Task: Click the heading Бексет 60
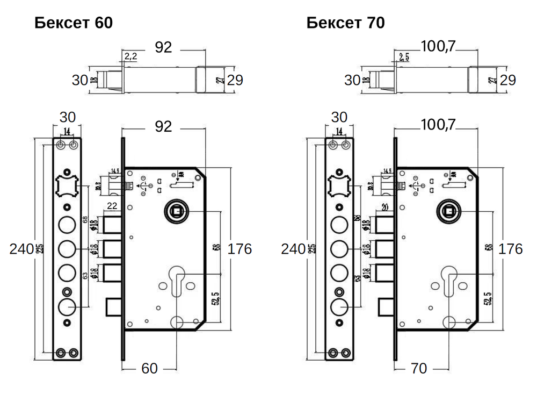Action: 74,23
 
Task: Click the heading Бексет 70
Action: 345,23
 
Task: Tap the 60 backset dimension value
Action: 149,368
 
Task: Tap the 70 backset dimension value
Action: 418,368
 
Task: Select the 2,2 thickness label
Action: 130,56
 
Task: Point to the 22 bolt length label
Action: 112,206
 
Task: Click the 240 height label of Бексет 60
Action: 21,248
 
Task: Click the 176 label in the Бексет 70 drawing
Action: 511,249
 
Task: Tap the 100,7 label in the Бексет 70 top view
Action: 438,47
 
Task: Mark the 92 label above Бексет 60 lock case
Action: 163,126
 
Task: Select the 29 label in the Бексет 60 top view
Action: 235,80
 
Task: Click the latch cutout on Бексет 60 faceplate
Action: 67,187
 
